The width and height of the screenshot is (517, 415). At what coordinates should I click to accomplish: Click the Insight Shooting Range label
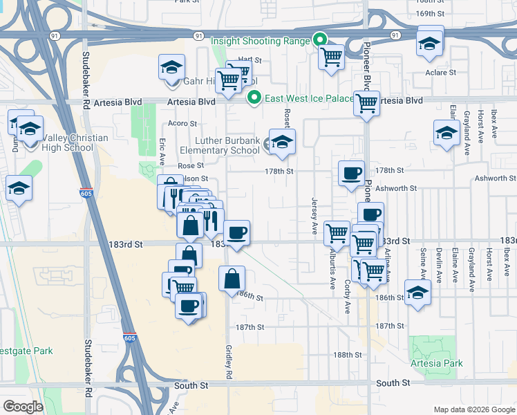click(260, 41)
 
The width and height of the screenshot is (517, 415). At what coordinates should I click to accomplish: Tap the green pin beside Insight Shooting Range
click(320, 40)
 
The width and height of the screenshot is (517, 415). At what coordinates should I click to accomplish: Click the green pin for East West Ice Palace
click(254, 98)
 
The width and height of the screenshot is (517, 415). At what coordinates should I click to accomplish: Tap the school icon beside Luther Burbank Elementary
click(282, 143)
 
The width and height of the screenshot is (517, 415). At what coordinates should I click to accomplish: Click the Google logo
click(23, 406)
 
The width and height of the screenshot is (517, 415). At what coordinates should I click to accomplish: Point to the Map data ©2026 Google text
click(473, 409)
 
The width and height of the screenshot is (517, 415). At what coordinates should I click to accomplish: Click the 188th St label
click(347, 355)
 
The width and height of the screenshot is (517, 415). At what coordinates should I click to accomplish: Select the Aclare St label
click(441, 72)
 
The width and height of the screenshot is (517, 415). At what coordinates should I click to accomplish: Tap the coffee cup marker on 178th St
click(352, 173)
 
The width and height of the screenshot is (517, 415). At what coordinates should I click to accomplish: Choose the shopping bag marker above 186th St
click(233, 279)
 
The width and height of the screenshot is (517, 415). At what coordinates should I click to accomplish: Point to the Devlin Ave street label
click(438, 263)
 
